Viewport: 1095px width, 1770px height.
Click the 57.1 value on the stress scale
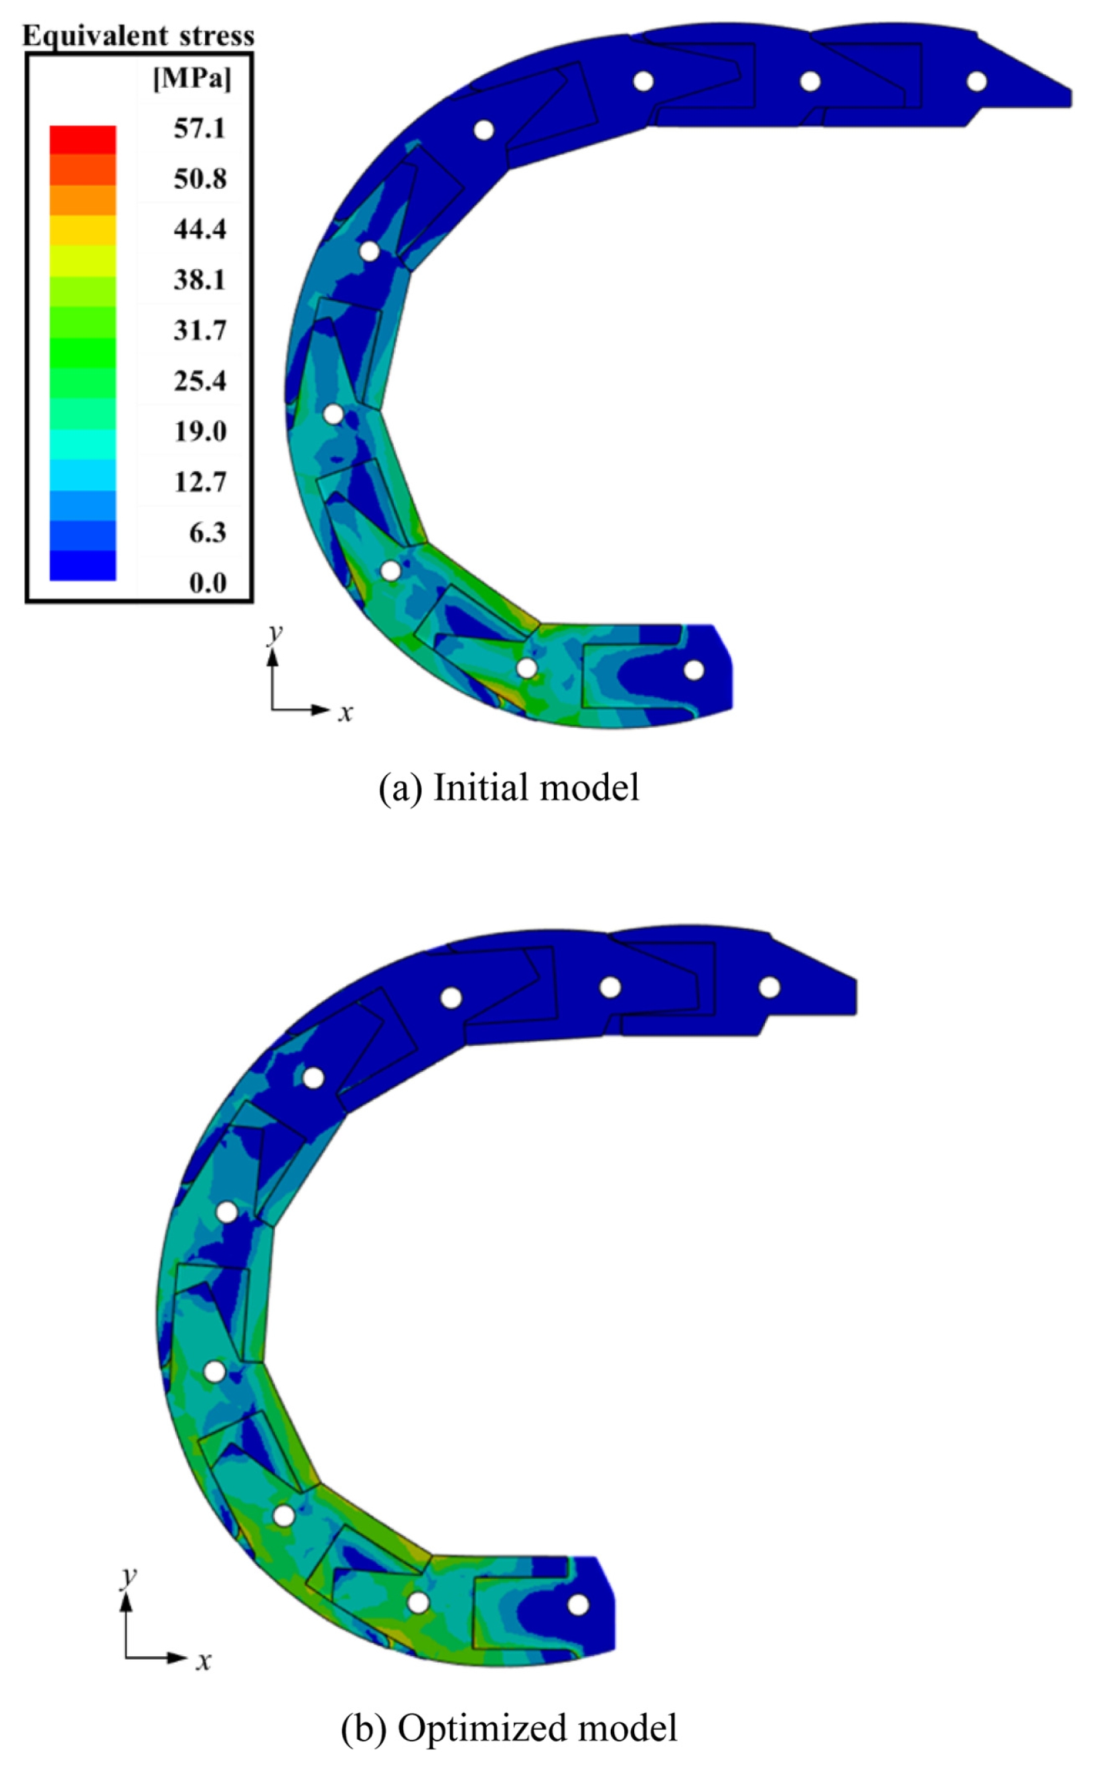(199, 129)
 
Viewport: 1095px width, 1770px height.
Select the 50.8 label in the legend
(199, 179)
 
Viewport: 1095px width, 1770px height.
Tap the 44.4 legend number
(199, 230)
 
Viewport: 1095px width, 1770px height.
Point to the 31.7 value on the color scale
(199, 331)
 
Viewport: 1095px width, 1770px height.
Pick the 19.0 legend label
(199, 432)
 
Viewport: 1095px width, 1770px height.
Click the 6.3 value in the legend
(207, 533)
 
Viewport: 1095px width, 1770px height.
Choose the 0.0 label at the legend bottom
(207, 583)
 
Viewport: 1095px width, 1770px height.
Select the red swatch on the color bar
(82, 140)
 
